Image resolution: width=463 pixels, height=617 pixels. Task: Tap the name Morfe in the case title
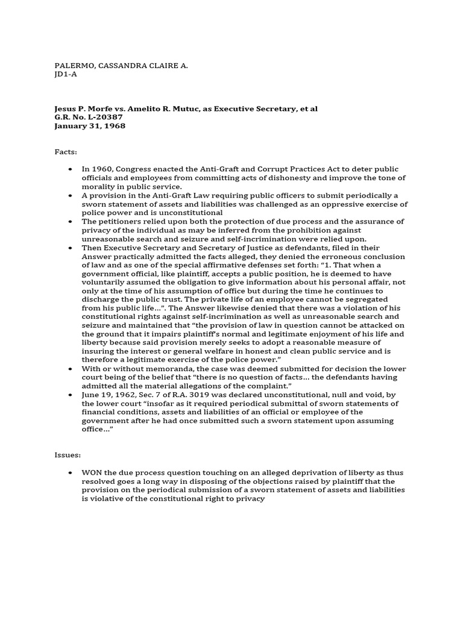[x=100, y=109]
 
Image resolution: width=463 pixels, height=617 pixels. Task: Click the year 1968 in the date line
[x=115, y=126]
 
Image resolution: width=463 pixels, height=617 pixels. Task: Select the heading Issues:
[x=68, y=456]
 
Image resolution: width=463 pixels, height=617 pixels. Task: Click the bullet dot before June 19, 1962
[x=71, y=395]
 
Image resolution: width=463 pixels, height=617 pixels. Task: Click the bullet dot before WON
[x=71, y=473]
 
